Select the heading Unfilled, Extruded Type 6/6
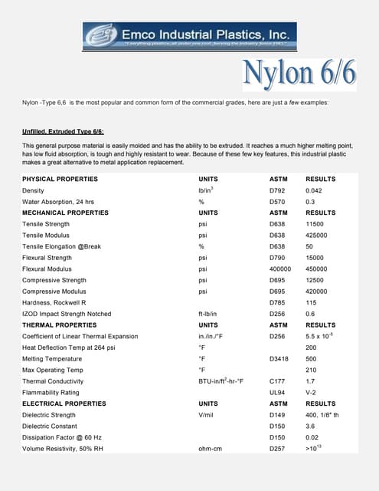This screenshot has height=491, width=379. (68, 131)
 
